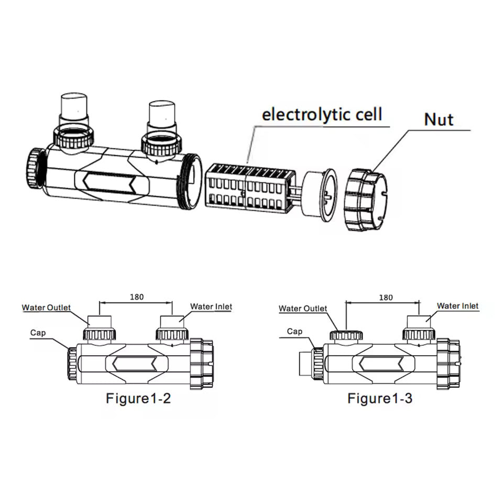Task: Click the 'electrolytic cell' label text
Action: tap(322, 114)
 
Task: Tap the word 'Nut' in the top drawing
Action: tap(439, 119)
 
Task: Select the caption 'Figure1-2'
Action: tap(138, 399)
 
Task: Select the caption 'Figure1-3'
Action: tap(380, 399)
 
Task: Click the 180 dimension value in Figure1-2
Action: tap(136, 297)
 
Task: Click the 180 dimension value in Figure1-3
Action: tap(385, 298)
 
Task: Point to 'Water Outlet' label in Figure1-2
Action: tap(46, 308)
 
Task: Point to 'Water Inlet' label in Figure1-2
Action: tap(211, 307)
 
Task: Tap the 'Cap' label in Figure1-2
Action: tap(38, 333)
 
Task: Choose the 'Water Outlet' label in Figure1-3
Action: tap(303, 309)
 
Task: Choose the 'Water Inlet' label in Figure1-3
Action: tap(457, 306)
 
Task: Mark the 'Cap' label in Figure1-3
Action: tap(294, 332)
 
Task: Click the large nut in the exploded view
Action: tap(366, 200)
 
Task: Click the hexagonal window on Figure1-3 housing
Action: tap(381, 363)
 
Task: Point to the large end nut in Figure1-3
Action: tap(449, 363)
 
